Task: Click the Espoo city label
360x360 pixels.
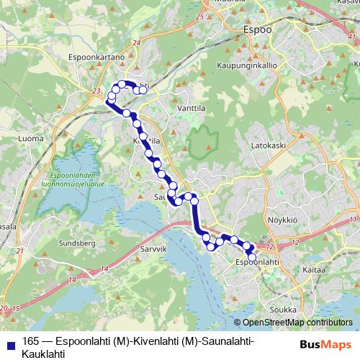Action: [x=257, y=30]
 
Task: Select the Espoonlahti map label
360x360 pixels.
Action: [x=257, y=264]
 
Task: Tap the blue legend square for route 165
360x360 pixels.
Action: [x=9, y=342]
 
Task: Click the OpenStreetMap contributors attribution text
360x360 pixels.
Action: [x=297, y=322]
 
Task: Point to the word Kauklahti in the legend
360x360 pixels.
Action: [x=44, y=354]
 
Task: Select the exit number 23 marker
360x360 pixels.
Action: [x=96, y=91]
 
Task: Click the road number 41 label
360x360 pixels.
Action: [x=351, y=35]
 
